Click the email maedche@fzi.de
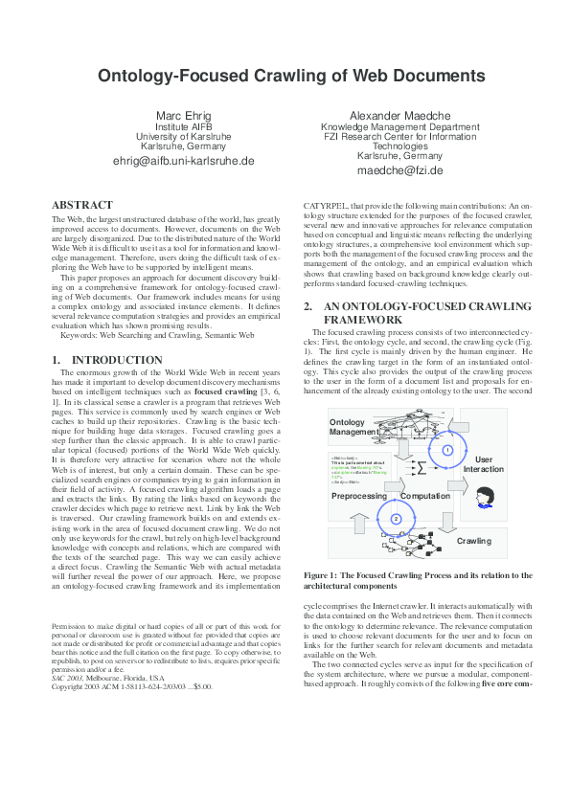pyautogui.click(x=399, y=170)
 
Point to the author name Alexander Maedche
pyautogui.click(x=399, y=116)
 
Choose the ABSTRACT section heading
pyautogui.click(x=81, y=205)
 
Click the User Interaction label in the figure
pyautogui.click(x=483, y=464)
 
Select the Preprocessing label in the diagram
pyautogui.click(x=358, y=496)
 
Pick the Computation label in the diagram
pyautogui.click(x=425, y=496)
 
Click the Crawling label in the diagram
pyautogui.click(x=473, y=541)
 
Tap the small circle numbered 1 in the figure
pyautogui.click(x=446, y=449)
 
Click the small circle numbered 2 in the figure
pyautogui.click(x=395, y=518)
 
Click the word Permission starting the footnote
pyautogui.click(x=70, y=626)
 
